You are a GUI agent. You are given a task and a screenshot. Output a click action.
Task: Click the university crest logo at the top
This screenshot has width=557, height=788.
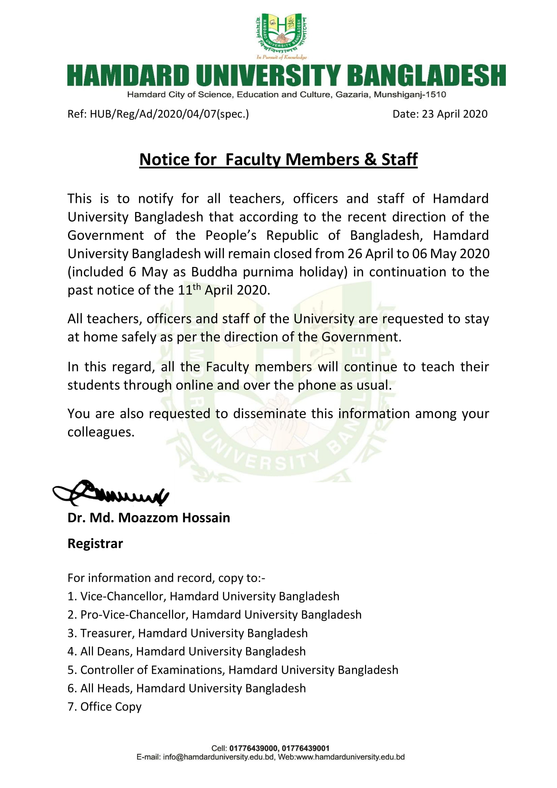point(281,35)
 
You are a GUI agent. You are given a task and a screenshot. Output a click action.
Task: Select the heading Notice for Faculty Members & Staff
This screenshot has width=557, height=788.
point(278,160)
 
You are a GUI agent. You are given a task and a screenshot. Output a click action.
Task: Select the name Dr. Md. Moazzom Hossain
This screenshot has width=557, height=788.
point(149,518)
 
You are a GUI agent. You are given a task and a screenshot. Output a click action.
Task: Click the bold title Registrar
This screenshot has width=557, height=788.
point(95,544)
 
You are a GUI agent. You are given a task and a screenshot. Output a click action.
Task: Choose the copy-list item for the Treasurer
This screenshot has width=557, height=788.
point(188,633)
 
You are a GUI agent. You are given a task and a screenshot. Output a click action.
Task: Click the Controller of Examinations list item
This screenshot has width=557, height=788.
point(233,670)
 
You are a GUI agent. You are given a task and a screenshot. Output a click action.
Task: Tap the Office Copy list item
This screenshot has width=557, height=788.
point(105,707)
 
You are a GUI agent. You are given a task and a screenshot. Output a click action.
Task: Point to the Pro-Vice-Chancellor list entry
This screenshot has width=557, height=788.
point(215,615)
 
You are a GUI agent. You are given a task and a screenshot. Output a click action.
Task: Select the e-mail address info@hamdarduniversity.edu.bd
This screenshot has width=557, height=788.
point(219,757)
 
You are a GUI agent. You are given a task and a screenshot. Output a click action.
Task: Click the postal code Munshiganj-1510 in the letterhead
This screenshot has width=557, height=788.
point(409,95)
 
